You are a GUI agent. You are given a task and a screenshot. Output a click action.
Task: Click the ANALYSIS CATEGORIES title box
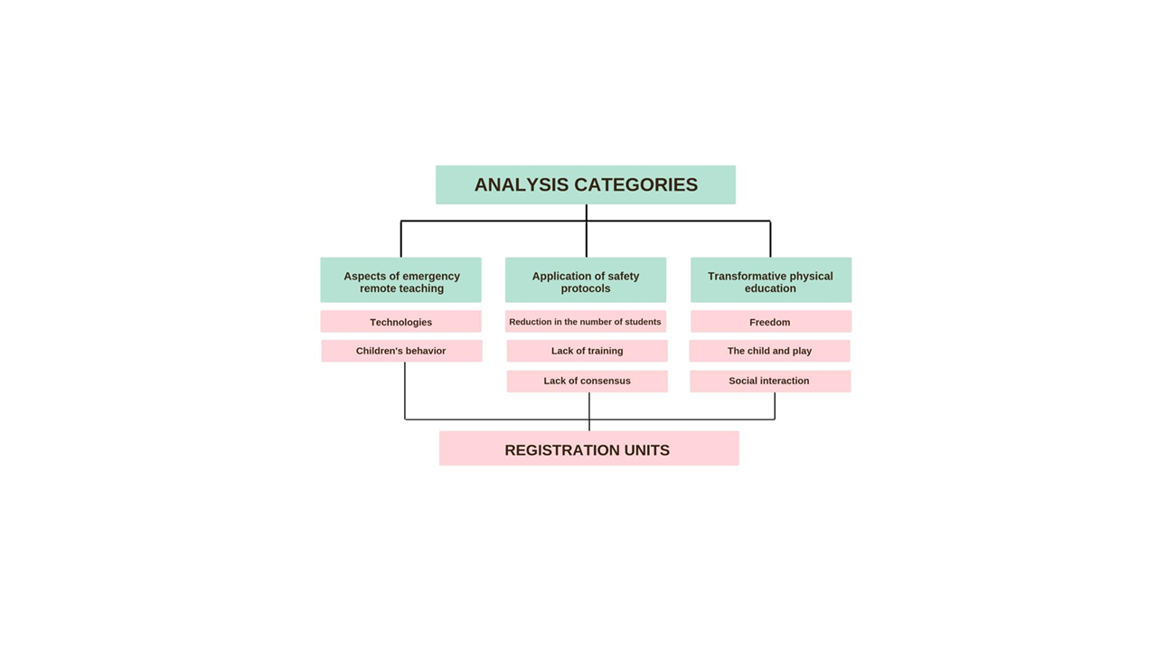coord(585,184)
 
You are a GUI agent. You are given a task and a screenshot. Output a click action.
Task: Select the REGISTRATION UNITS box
coord(588,448)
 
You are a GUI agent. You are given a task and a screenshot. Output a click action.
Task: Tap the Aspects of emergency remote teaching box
coord(400,279)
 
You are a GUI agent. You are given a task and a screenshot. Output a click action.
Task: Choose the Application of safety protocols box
coord(586,279)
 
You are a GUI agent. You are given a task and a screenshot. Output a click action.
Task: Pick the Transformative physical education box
coord(771,279)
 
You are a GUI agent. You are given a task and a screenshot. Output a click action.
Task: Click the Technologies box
coord(400,321)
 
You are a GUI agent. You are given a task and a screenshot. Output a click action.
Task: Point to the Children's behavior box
coord(402,351)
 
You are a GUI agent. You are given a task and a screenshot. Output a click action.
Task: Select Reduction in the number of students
coord(586,321)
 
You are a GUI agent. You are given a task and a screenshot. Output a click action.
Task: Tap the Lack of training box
coord(588,351)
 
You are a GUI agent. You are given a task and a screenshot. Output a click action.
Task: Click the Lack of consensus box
coord(588,382)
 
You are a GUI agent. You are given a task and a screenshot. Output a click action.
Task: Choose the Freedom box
coord(771,321)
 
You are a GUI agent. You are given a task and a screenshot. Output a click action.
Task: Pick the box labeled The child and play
coord(769,351)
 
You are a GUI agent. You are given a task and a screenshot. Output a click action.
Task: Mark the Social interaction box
coord(770,382)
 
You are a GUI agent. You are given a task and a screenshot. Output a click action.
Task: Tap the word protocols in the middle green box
coord(586,288)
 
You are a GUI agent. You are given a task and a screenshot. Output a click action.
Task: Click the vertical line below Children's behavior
coord(405,391)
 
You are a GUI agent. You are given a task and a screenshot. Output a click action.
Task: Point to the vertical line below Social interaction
coord(775,406)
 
